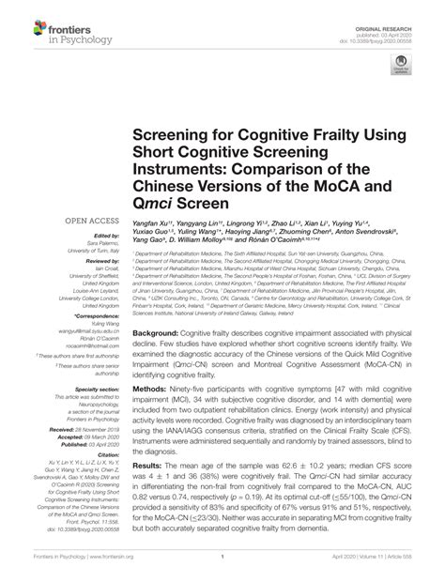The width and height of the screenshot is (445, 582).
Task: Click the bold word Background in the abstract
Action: [155, 333]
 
